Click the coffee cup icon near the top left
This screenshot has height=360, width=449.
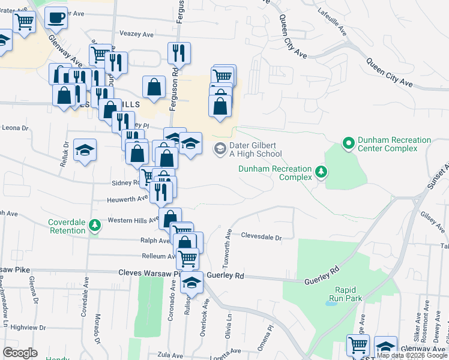[56, 17]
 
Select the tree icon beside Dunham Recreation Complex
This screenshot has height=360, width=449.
[322, 173]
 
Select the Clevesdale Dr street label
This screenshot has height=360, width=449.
[261, 238]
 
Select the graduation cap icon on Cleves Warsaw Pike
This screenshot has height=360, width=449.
[191, 282]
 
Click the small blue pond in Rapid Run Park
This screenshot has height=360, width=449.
[331, 304]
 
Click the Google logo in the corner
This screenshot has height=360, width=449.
[20, 353]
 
